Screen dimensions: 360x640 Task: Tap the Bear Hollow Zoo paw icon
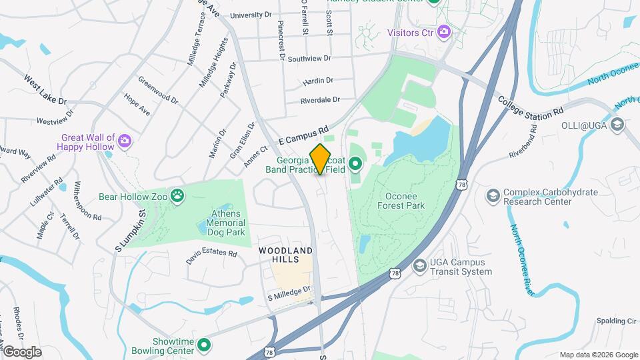[177, 195]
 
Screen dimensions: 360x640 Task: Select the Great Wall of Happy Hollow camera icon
[124, 140]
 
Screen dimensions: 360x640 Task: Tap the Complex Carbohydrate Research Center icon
[493, 195]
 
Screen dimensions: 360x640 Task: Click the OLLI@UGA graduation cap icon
[617, 124]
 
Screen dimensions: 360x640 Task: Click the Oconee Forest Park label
[405, 201]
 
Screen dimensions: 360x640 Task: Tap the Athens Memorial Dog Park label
[218, 223]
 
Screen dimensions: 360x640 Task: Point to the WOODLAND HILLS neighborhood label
[285, 255]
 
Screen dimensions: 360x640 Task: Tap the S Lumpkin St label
[131, 229]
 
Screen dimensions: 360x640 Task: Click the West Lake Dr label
[45, 90]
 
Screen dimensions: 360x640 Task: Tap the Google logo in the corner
[22, 351]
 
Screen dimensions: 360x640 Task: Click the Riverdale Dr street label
[320, 100]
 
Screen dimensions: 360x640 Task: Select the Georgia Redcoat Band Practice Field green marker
[355, 162]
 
